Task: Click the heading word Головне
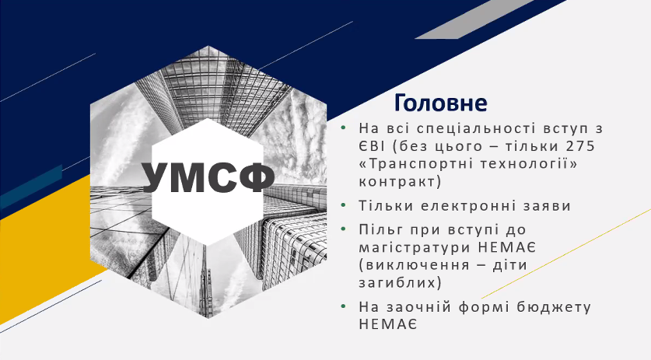[440, 103]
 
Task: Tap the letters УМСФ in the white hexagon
[208, 177]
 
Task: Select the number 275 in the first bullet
[580, 146]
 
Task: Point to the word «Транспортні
[416, 164]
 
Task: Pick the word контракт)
[400, 182]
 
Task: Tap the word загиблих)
[401, 283]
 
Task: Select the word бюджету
[554, 308]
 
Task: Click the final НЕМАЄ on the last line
[388, 325]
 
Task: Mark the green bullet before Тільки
[343, 205]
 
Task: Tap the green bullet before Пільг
[343, 229]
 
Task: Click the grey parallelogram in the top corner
[474, 19]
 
